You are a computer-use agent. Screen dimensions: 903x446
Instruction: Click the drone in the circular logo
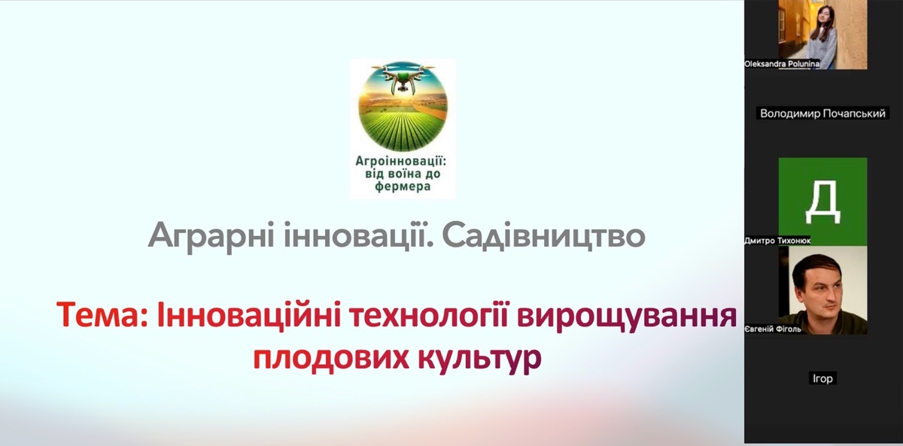[x=403, y=77]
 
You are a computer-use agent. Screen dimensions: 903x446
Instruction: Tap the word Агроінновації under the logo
[x=400, y=162]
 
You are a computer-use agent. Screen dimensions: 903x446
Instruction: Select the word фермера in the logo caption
[x=403, y=187]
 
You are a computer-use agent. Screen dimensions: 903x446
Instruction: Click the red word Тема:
[x=102, y=315]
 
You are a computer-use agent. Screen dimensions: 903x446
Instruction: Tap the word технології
[x=430, y=315]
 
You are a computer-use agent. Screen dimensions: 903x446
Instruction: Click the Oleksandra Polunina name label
[x=782, y=64]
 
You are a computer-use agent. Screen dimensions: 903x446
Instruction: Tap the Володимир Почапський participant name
[x=822, y=114]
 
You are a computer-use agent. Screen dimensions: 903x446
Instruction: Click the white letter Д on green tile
[x=822, y=202]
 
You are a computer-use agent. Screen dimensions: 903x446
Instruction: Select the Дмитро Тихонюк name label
[x=777, y=241]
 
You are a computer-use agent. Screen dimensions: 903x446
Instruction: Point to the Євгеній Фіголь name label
[x=773, y=329]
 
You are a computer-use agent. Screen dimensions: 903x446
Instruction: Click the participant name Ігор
[x=822, y=378]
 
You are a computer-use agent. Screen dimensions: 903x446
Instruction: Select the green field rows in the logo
[x=403, y=129]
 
